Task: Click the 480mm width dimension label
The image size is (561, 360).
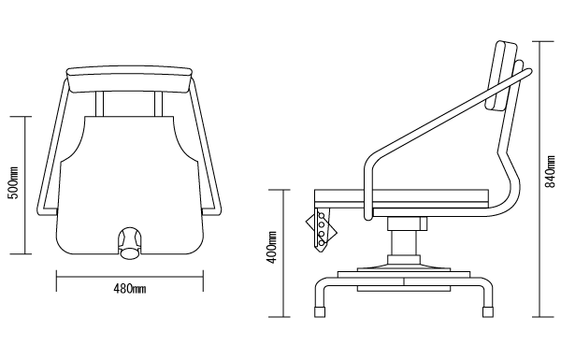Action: [x=130, y=288]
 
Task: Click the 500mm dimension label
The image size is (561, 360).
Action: [x=13, y=183]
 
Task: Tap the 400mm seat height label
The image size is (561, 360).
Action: [x=273, y=247]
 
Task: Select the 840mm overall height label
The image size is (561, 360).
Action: [x=550, y=171]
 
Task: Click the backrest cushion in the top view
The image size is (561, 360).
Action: [x=130, y=79]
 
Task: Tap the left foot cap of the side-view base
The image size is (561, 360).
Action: [x=320, y=311]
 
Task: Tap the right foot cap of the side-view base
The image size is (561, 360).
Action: [x=488, y=311]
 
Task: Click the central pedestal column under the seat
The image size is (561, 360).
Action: [x=404, y=242]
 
